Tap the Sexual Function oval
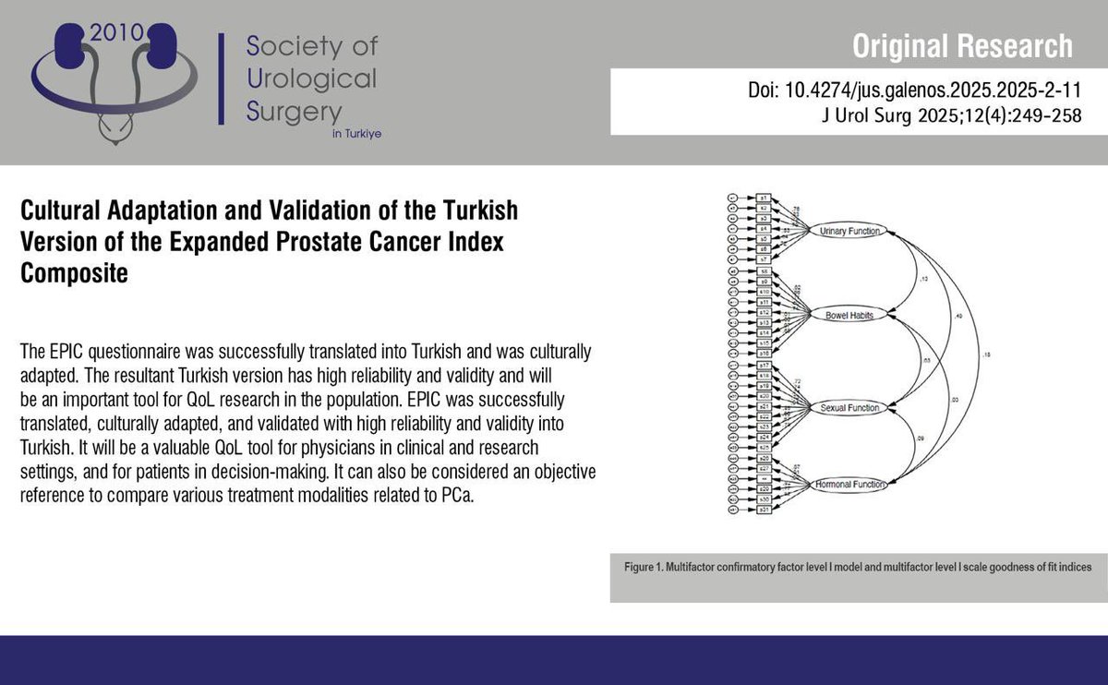(x=848, y=407)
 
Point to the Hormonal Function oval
(x=849, y=484)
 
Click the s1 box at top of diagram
(x=763, y=198)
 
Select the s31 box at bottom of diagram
(x=764, y=510)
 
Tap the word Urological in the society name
(x=312, y=78)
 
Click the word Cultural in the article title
(x=65, y=210)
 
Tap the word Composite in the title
(x=73, y=274)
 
